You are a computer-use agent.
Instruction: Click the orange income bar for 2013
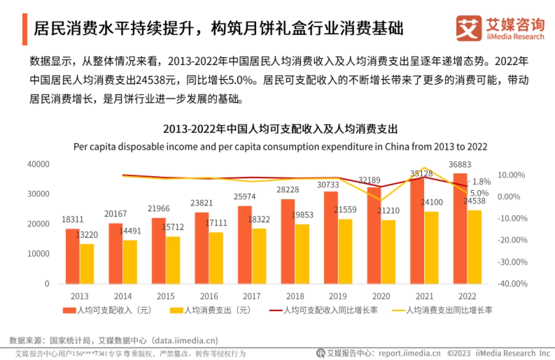(73, 256)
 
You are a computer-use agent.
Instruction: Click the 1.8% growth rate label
(481, 182)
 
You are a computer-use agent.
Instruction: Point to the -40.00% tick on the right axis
(513, 283)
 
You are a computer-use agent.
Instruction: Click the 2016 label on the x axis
(209, 296)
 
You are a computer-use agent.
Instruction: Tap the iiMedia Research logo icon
(468, 28)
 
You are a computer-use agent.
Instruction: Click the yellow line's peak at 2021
(424, 168)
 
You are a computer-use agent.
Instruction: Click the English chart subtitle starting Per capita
(280, 146)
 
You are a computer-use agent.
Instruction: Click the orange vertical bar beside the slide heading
(25, 29)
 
